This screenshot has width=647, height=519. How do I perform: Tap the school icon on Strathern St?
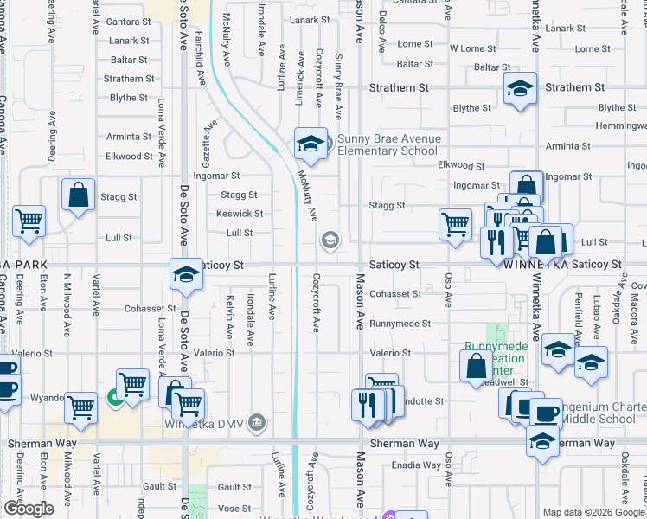(520, 89)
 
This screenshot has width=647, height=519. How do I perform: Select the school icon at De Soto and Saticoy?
(186, 275)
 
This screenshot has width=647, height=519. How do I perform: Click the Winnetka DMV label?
(207, 423)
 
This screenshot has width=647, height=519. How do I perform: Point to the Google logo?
(29, 509)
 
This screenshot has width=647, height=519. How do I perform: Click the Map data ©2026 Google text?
(593, 512)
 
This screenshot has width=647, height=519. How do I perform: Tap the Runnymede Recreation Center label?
(495, 353)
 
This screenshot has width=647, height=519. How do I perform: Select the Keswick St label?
(240, 214)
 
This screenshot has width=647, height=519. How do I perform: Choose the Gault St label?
(234, 487)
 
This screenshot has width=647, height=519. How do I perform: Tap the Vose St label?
(234, 509)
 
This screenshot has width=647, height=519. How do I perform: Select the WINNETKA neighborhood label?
(536, 264)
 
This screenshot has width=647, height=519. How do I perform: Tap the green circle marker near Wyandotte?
(113, 398)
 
